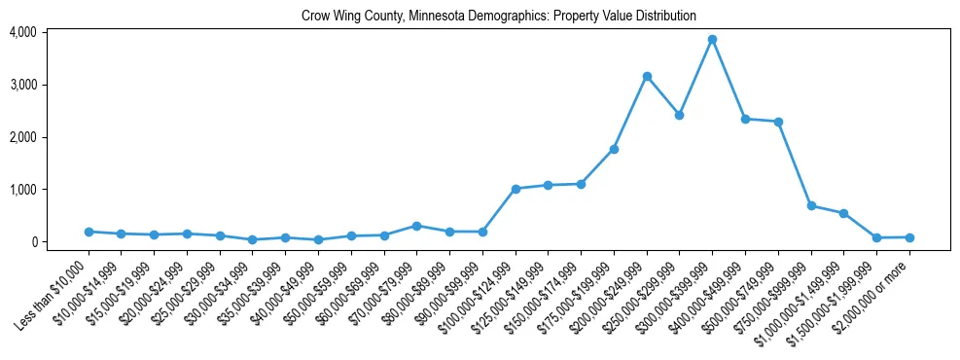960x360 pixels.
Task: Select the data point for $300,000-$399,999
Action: point(712,40)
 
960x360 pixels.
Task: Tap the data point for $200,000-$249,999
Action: point(647,76)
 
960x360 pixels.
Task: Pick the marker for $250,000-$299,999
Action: point(680,115)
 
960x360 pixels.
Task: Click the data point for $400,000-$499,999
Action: point(745,119)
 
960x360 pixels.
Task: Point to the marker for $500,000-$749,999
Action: point(778,122)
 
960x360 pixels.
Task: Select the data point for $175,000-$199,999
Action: point(614,149)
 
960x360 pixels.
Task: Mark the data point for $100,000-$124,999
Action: point(516,189)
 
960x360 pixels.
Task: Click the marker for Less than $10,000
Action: point(89,232)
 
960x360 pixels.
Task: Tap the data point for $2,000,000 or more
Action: point(909,237)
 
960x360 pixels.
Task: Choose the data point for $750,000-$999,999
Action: point(811,206)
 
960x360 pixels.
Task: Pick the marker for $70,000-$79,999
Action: point(416,226)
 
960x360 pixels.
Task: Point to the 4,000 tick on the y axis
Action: point(23,32)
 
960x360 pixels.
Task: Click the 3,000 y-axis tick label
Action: point(23,85)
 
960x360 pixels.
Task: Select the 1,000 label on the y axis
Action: point(23,190)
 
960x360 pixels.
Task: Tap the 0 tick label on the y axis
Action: point(32,242)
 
